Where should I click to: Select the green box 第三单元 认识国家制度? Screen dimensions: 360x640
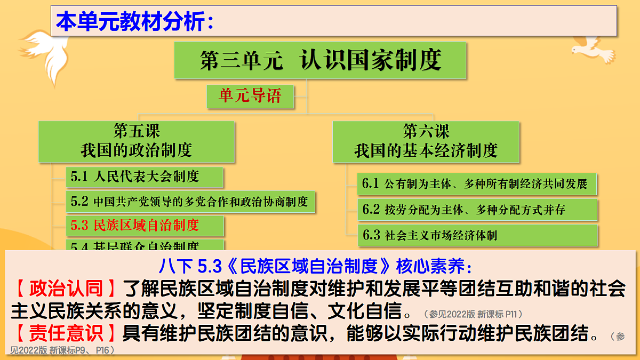320,60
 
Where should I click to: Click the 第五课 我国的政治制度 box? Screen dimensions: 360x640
136,141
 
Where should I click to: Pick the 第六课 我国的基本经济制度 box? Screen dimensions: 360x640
426,141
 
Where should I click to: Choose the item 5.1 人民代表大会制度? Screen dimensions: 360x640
144,176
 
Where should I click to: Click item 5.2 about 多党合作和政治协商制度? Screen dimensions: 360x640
189,202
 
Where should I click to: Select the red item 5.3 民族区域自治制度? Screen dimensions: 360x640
144,226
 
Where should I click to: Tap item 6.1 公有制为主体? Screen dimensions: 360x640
476,184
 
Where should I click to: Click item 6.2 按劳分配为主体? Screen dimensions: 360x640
476,210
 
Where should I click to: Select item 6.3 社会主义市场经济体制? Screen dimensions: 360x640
476,235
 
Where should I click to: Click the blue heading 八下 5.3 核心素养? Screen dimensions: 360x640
315,265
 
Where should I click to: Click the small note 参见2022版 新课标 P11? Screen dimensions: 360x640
473,314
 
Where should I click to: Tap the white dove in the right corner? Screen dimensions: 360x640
592,50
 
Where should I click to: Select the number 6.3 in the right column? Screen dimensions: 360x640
371,235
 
